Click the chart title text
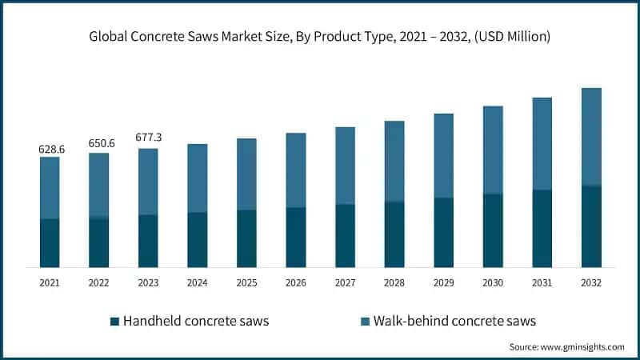[320, 37]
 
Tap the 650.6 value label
[99, 143]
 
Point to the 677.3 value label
[148, 138]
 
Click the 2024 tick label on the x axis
[198, 283]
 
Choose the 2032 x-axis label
[591, 283]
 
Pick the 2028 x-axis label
[394, 283]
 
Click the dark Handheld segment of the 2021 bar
[50, 242]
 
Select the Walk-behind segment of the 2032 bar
[591, 136]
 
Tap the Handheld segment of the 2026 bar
[296, 237]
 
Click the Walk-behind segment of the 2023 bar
[148, 182]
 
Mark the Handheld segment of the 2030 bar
[493, 230]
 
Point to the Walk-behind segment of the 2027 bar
[346, 166]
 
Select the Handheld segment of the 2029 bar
[444, 232]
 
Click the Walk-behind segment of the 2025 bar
[246, 174]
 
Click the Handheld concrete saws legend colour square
[114, 322]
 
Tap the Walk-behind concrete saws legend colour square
[366, 322]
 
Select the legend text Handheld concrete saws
[196, 322]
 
